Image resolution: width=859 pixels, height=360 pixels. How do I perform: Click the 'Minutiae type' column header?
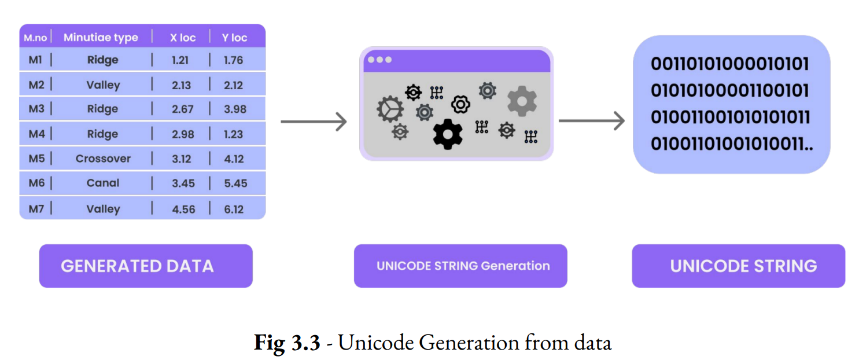click(x=101, y=38)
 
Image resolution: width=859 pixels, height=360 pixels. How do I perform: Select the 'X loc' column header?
click(x=183, y=38)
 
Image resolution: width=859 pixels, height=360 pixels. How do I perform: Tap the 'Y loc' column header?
click(x=234, y=38)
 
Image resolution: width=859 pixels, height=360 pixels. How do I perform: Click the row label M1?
click(x=35, y=60)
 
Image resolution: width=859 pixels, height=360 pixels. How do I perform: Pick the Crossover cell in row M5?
click(x=103, y=159)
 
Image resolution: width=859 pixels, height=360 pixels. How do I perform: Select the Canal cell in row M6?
click(x=103, y=183)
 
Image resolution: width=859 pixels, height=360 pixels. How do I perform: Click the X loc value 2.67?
click(x=182, y=109)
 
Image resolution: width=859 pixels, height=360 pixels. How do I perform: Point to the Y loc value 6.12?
click(x=234, y=209)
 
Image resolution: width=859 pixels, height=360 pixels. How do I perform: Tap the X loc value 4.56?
click(x=183, y=209)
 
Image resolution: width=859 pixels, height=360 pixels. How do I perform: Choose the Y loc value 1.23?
click(x=234, y=134)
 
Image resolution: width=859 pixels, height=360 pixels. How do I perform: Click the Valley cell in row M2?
click(x=103, y=85)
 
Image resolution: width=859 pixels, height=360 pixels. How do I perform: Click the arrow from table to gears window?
click(x=313, y=122)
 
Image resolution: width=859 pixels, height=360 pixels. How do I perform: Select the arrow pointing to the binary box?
click(x=591, y=121)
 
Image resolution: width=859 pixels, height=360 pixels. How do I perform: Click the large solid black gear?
click(x=448, y=134)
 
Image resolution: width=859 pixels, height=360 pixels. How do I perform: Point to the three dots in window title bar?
click(x=379, y=60)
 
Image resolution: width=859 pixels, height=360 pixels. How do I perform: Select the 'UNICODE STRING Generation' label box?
click(x=460, y=266)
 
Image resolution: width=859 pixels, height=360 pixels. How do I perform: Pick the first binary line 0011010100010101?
click(x=729, y=64)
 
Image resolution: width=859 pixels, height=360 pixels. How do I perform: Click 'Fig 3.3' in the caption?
click(x=286, y=343)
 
